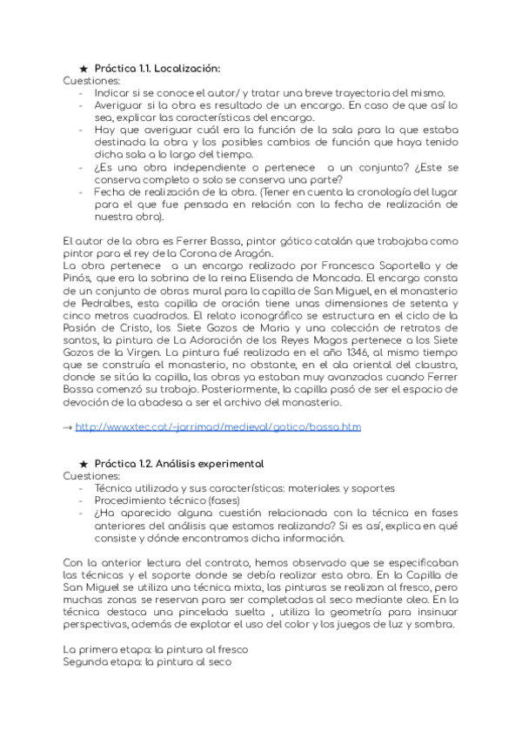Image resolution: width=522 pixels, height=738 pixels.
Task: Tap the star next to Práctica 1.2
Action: tap(83, 464)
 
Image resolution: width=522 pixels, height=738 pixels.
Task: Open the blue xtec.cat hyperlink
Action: tap(217, 427)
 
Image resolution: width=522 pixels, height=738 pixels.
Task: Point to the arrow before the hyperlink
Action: tap(69, 427)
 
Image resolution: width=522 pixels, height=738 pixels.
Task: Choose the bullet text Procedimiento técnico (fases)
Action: tap(158, 501)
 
